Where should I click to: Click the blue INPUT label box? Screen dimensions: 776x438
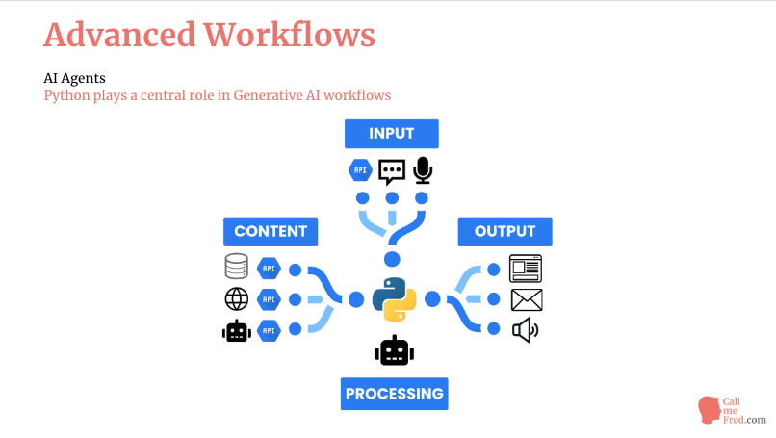[392, 134]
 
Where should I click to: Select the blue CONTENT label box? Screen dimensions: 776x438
[271, 232]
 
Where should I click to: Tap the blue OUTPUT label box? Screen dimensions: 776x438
[504, 232]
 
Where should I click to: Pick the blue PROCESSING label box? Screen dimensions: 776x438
[395, 394]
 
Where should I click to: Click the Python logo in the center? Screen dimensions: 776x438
[395, 299]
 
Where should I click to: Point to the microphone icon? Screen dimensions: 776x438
[423, 170]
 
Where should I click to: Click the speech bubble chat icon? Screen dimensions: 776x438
[392, 171]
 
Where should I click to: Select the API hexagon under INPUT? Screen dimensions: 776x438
[360, 170]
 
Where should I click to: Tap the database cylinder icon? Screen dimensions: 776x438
[236, 267]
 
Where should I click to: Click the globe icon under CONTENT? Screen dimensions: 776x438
[237, 299]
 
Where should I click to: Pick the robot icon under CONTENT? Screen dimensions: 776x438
[237, 330]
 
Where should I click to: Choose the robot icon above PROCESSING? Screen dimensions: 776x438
[395, 350]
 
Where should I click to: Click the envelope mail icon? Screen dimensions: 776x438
[527, 300]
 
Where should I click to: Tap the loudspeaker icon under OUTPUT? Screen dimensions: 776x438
[525, 330]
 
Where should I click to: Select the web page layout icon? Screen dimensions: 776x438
[526, 269]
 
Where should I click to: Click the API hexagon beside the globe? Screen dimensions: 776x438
[269, 299]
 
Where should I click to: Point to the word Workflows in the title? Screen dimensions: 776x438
[290, 36]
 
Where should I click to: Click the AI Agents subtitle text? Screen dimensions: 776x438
[75, 78]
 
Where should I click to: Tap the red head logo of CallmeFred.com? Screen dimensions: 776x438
[710, 410]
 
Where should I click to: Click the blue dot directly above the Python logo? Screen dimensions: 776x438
[392, 259]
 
